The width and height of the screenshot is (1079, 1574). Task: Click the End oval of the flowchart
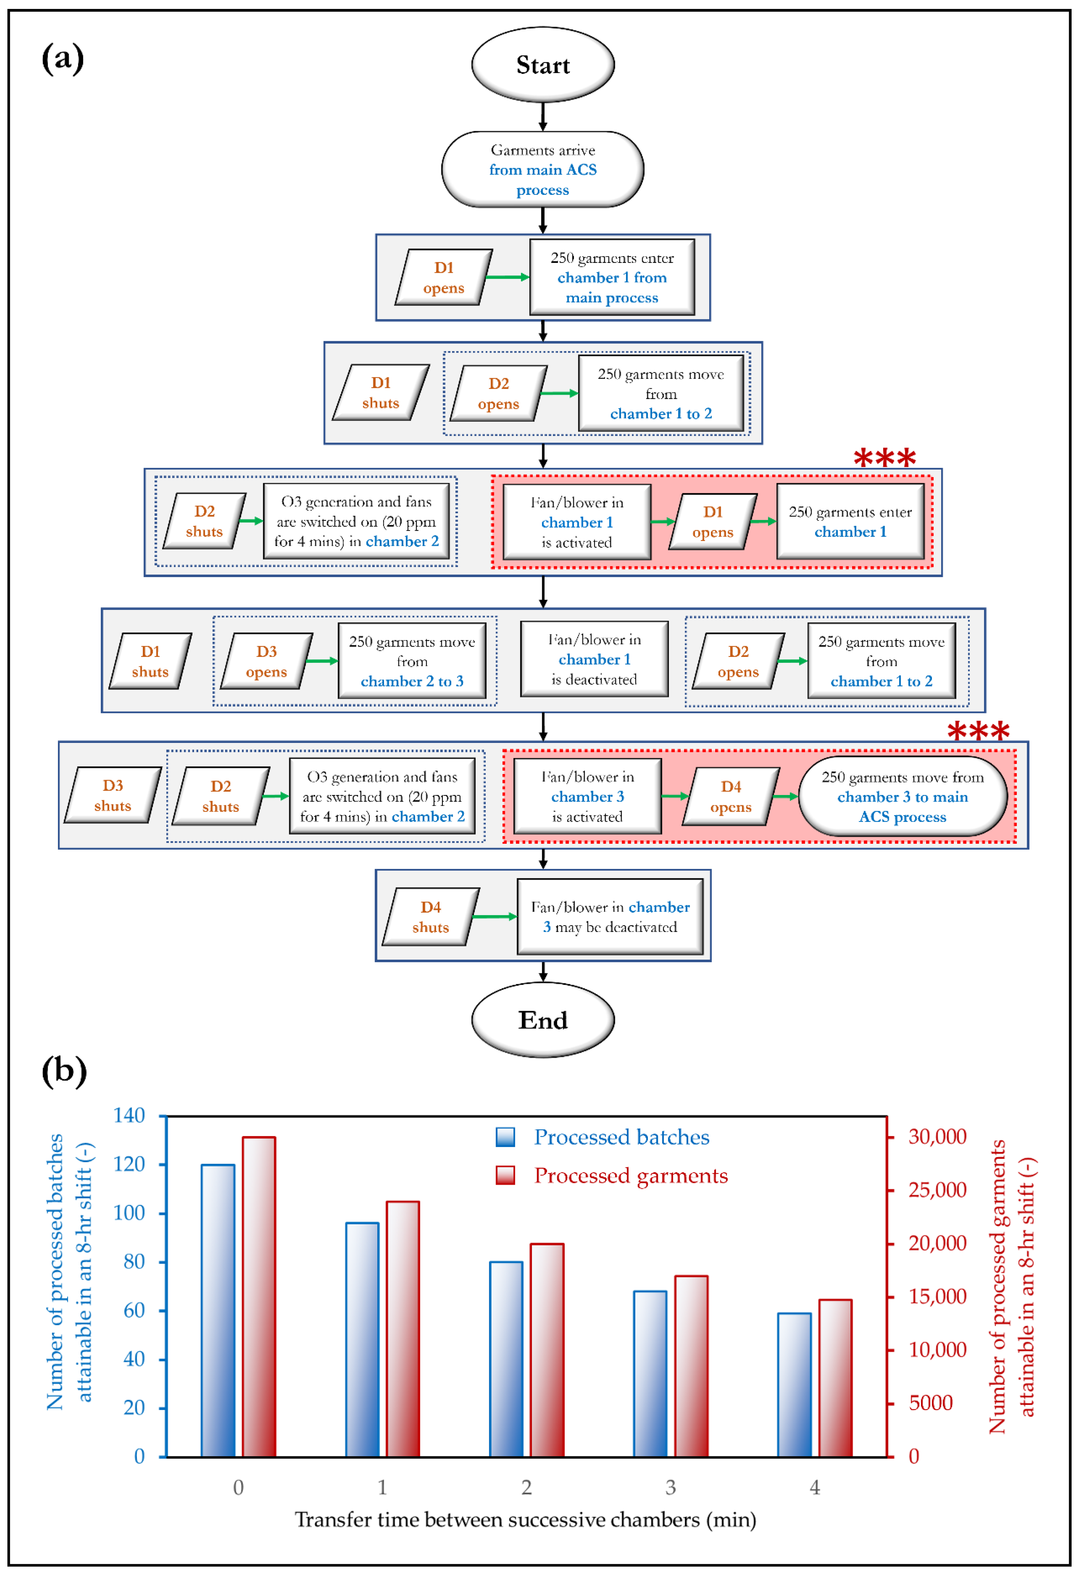pyautogui.click(x=542, y=1019)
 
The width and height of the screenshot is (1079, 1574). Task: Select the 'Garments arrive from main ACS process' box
pyautogui.click(x=542, y=169)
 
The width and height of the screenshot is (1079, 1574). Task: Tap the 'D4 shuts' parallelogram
pyautogui.click(x=431, y=917)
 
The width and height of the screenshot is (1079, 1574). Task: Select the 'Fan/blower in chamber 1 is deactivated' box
pyautogui.click(x=594, y=659)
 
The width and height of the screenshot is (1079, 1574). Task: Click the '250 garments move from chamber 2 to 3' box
pyautogui.click(x=412, y=661)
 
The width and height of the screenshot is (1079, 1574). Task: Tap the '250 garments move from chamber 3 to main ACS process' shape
pyautogui.click(x=902, y=797)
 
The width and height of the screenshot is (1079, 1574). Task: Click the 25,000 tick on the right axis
pyautogui.click(x=937, y=1190)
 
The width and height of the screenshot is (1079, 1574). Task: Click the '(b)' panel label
pyautogui.click(x=64, y=1071)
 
